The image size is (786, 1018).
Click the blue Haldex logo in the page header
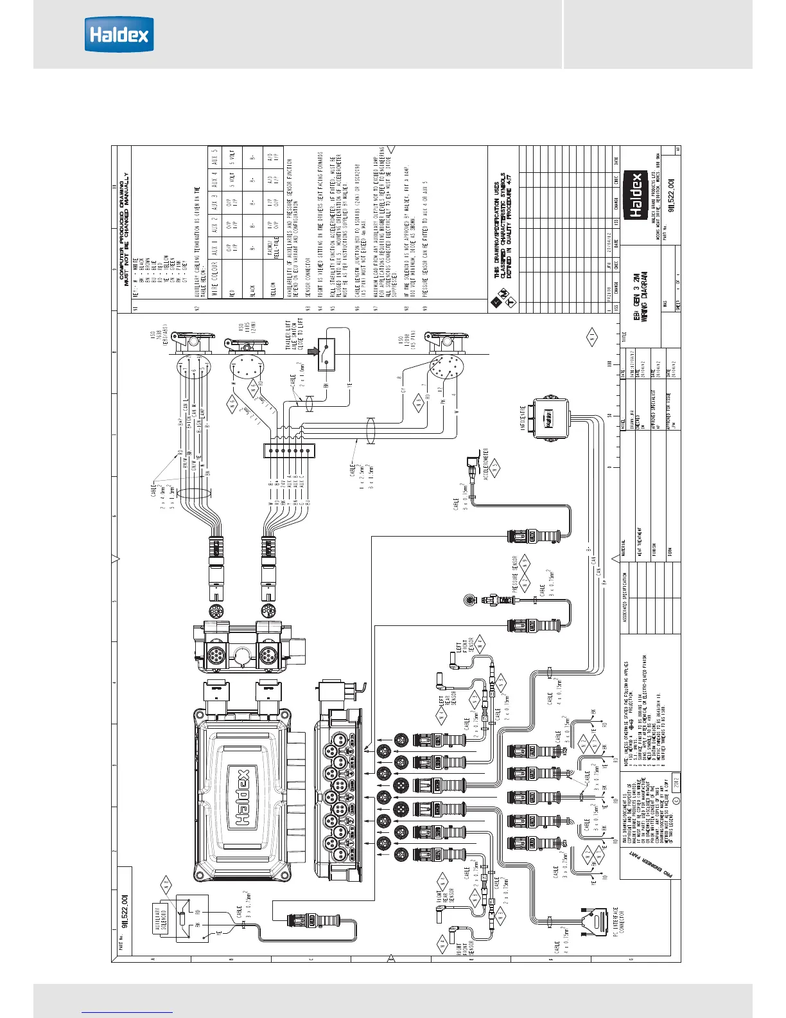[119, 34]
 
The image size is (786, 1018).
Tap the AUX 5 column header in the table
[214, 157]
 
